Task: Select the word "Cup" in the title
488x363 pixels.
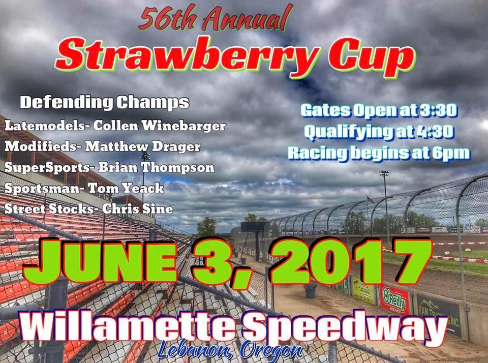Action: [372, 57]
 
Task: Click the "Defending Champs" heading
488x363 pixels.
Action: [105, 102]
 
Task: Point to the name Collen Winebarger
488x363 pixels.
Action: [160, 126]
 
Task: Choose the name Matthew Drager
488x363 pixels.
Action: [143, 146]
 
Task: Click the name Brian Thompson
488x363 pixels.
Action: [157, 167]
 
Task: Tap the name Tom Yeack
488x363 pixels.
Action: [126, 188]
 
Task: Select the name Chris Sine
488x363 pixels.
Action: [138, 208]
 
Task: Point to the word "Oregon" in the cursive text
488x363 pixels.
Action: [271, 350]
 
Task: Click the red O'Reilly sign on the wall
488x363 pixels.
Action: [394, 300]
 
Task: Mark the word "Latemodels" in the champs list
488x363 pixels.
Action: [45, 126]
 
